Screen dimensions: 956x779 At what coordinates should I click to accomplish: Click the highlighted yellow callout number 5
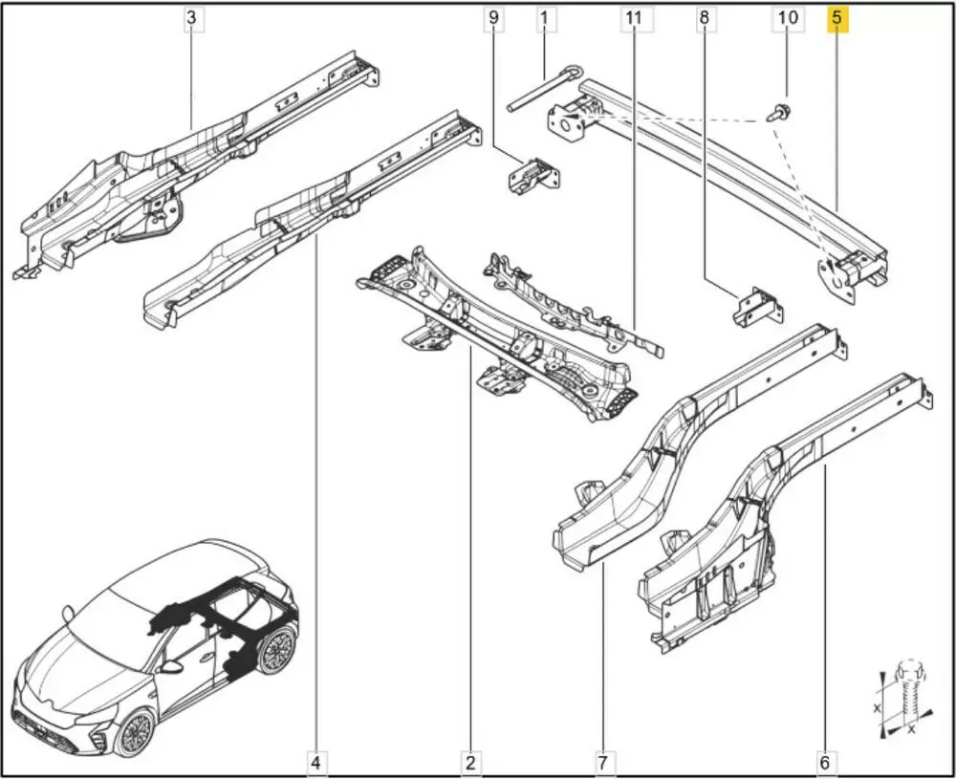[836, 18]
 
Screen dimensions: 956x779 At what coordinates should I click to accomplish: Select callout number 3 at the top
[192, 18]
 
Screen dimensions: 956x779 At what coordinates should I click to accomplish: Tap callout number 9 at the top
[493, 18]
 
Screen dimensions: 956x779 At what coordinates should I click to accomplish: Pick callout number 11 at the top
[634, 18]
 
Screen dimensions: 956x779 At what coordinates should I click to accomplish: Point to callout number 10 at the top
[788, 18]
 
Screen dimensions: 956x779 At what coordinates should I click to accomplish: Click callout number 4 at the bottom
[315, 763]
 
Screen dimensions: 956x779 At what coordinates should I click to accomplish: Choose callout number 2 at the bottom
[470, 763]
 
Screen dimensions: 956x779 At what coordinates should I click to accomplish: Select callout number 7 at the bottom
[602, 763]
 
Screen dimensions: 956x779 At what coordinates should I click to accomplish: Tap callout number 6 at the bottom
[824, 763]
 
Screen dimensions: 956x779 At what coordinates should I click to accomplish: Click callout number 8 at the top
[705, 18]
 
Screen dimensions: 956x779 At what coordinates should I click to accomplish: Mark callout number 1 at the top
[545, 18]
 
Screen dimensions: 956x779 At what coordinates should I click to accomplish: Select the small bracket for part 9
[533, 176]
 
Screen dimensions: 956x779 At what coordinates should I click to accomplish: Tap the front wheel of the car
[136, 733]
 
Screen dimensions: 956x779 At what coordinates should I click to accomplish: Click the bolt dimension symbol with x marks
[904, 698]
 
